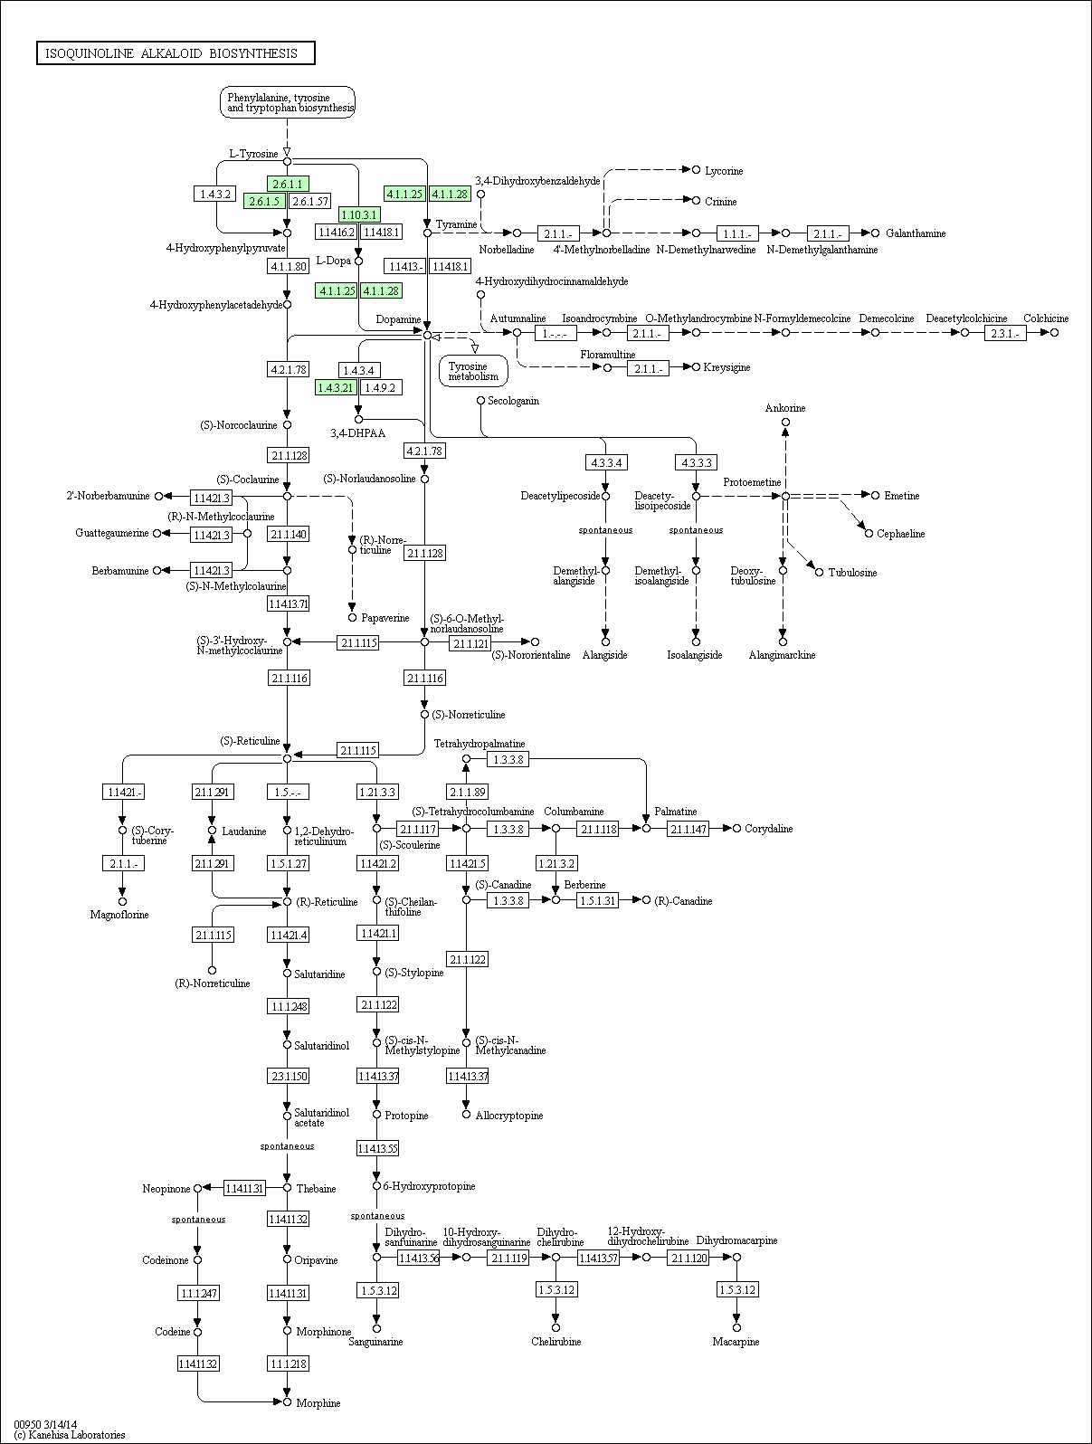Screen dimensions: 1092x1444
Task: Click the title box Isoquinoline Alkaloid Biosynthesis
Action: [176, 53]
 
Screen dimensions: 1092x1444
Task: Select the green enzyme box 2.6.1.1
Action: [288, 185]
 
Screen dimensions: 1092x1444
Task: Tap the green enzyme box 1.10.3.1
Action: [359, 214]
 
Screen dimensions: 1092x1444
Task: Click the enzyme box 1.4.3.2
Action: [215, 194]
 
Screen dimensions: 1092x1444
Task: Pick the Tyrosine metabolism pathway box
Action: [474, 372]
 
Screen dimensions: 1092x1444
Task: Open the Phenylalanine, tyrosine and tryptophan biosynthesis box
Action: [288, 102]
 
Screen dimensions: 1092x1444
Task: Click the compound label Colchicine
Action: [1046, 318]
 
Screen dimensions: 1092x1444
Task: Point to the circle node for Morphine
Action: [287, 1401]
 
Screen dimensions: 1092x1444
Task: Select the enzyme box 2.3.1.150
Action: [288, 1077]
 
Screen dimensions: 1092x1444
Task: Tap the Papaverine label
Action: [385, 618]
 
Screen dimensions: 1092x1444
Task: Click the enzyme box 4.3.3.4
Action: [606, 462]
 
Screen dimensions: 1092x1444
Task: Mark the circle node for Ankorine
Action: [785, 423]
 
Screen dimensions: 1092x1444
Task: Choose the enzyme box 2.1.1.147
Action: [688, 829]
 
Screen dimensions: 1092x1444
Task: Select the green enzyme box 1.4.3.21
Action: [336, 387]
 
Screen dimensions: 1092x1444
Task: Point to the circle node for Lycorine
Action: [696, 170]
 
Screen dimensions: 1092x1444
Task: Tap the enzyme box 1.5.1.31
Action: [597, 900]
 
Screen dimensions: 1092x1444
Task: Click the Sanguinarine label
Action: [375, 1342]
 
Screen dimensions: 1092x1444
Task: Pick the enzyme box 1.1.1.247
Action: [198, 1293]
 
